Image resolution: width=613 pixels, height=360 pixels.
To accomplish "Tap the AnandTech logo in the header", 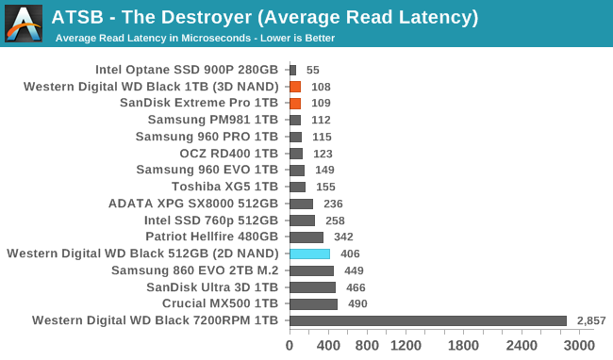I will click(23, 23).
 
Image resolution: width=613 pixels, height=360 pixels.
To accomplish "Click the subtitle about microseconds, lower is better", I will click(195, 39).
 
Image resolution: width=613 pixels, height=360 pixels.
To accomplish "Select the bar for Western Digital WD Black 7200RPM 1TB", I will click(428, 320).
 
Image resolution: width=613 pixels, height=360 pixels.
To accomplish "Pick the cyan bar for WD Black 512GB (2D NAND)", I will click(309, 254).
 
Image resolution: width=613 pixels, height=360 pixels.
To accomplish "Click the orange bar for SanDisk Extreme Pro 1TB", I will click(295, 103).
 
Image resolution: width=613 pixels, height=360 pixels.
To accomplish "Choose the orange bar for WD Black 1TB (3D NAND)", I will click(295, 86).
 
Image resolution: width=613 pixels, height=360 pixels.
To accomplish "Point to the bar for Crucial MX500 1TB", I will click(313, 303).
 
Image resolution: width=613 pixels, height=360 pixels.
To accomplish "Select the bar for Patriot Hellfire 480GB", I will click(306, 237).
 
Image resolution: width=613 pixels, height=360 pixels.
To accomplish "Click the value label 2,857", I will click(591, 321).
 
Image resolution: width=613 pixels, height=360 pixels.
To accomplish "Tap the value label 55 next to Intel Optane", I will click(313, 70).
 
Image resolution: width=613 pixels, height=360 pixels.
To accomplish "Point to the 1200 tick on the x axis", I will click(406, 346).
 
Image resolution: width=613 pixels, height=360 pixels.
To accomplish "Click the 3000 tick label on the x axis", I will click(579, 346).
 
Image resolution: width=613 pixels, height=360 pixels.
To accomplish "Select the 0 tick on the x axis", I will click(290, 346).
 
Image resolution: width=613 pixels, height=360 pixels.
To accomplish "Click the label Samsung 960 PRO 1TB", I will click(207, 137).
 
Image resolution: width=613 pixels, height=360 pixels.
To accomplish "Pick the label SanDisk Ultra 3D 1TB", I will click(212, 286).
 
